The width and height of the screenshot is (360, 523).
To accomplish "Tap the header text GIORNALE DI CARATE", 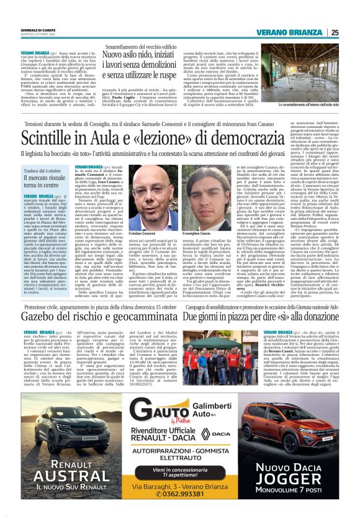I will tap(38, 30).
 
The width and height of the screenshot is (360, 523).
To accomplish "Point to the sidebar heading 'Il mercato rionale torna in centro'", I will tap(46, 183).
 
